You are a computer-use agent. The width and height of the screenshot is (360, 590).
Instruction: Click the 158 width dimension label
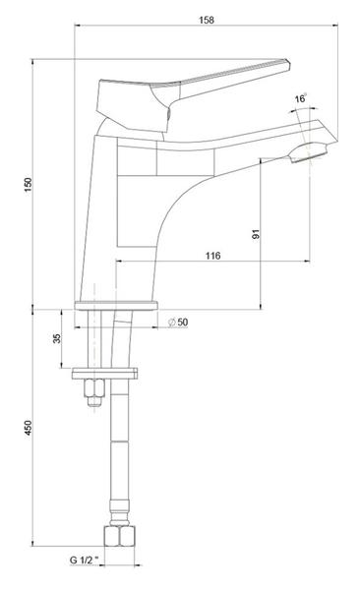[x=207, y=20]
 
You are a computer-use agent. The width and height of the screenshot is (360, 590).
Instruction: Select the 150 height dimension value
[x=29, y=185]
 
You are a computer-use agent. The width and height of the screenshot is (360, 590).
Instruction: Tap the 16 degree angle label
[x=300, y=99]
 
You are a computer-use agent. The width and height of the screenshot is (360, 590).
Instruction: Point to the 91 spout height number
[x=256, y=234]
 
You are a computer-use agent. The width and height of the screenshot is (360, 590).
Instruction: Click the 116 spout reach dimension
[x=212, y=256]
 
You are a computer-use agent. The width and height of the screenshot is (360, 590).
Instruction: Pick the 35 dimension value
[x=56, y=338]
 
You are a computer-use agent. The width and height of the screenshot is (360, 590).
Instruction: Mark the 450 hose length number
[x=29, y=428]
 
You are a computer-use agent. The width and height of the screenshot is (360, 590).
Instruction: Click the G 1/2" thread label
[x=84, y=560]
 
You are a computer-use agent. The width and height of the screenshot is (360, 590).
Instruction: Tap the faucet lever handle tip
[x=288, y=63]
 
